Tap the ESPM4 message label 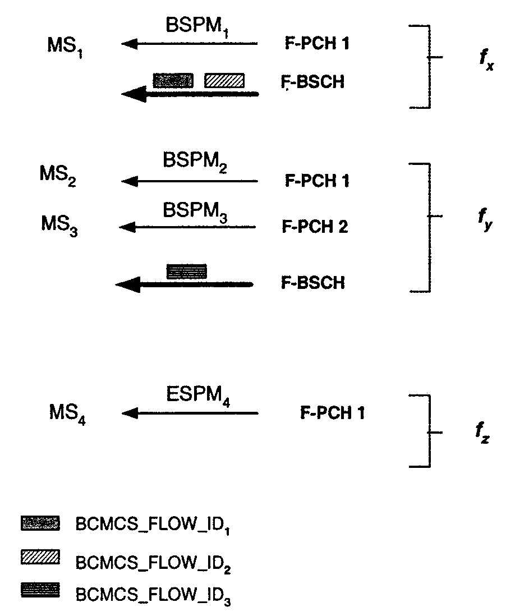199,397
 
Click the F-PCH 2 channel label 314,227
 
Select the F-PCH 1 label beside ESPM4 333,413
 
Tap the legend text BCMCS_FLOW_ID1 153,526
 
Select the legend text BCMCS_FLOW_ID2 153,561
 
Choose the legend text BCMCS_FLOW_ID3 153,595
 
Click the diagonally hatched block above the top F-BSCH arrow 224,80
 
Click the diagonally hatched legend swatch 40,557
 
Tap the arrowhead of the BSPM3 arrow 127,227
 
